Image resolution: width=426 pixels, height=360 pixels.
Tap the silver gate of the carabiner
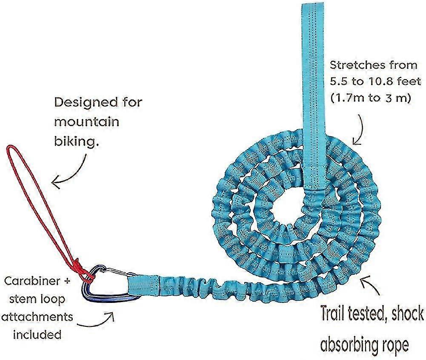pyautogui.click(x=117, y=272)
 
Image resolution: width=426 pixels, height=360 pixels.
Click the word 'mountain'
pyautogui.click(x=87, y=121)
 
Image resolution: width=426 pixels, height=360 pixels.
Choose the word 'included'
pyautogui.click(x=37, y=334)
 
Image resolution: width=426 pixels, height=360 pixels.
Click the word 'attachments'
pyautogui.click(x=37, y=317)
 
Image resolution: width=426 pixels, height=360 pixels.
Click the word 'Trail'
pyautogui.click(x=336, y=313)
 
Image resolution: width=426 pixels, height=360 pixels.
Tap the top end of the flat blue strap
pyautogui.click(x=314, y=4)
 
